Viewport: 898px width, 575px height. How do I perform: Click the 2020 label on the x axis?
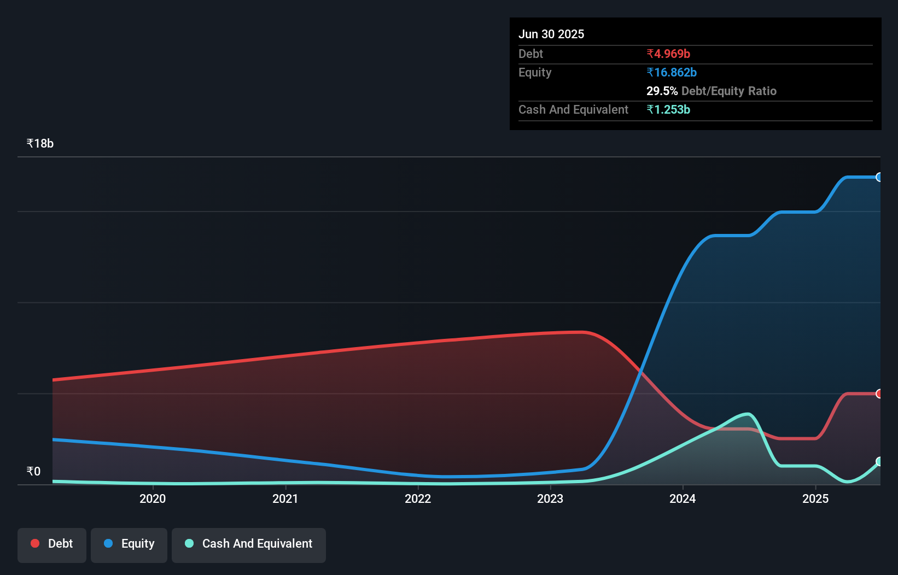click(x=153, y=498)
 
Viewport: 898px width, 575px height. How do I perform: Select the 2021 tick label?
click(x=285, y=498)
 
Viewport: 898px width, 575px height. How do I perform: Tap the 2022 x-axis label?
click(x=418, y=498)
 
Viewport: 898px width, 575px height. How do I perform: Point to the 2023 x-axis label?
click(x=550, y=498)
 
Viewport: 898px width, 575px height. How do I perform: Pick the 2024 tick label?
click(x=683, y=498)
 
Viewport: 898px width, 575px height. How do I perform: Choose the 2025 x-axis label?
click(x=815, y=498)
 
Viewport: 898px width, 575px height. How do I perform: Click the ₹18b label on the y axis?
click(x=40, y=143)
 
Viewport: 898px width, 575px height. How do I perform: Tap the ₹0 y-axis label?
click(x=33, y=471)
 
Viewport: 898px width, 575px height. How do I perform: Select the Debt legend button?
click(x=52, y=544)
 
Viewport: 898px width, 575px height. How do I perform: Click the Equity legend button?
click(x=129, y=544)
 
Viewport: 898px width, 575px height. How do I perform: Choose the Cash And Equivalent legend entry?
click(x=249, y=544)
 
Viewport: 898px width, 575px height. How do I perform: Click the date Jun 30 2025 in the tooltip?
click(x=551, y=34)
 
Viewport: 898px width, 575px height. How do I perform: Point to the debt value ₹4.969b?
click(x=668, y=54)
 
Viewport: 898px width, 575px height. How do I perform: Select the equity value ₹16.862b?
click(x=672, y=72)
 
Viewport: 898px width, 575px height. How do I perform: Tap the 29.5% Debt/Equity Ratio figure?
click(x=711, y=91)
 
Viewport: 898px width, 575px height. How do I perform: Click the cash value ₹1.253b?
click(x=668, y=109)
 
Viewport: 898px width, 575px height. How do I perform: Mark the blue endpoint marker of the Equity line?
click(x=879, y=177)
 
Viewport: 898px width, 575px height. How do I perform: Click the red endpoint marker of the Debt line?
click(x=879, y=394)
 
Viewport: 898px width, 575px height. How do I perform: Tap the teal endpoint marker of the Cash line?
click(x=879, y=461)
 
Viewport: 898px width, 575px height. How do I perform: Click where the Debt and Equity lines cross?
click(x=640, y=371)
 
